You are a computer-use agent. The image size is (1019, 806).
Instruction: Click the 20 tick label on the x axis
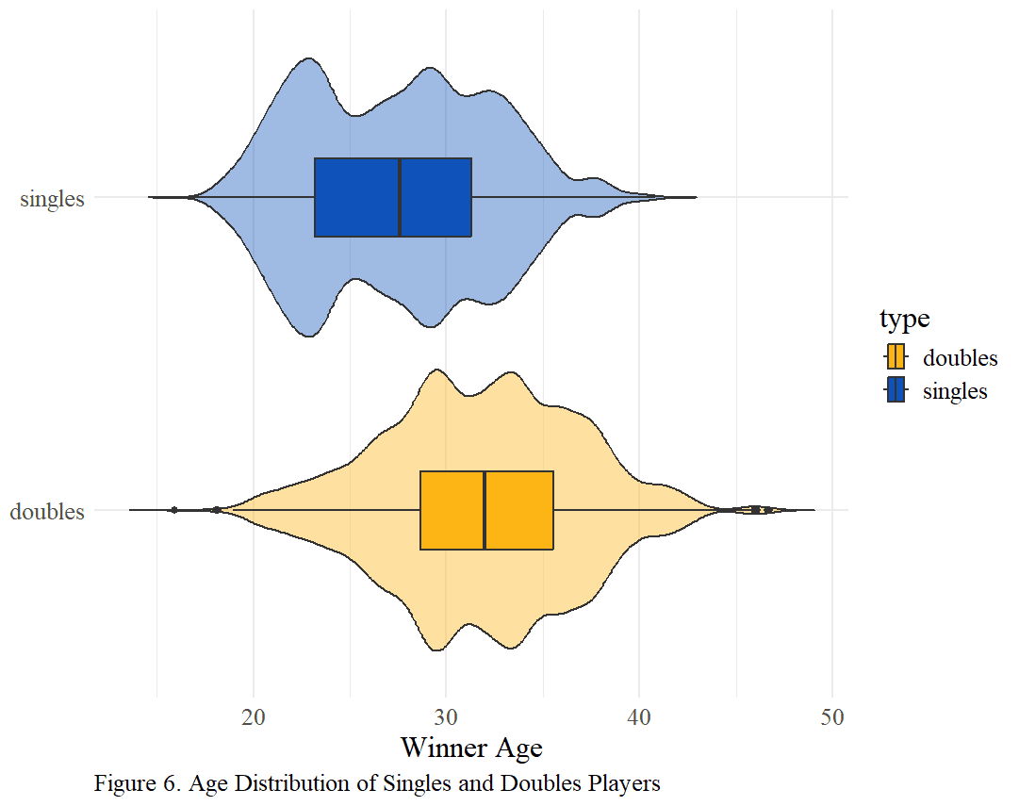point(253,717)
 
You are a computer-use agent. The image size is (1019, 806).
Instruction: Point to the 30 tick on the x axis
point(446,717)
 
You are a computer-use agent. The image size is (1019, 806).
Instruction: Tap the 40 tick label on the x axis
point(639,717)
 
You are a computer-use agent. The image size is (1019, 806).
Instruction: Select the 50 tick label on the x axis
point(831,717)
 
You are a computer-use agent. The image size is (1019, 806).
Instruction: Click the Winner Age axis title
point(471,748)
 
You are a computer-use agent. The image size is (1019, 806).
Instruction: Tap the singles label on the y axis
point(52,198)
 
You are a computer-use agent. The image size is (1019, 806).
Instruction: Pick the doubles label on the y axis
point(47,512)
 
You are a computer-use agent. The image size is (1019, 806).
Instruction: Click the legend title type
point(905,320)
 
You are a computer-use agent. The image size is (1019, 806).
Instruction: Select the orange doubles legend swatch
point(896,357)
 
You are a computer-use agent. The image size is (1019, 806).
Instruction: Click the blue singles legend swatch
point(896,390)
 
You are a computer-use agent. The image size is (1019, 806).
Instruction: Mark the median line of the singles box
point(399,197)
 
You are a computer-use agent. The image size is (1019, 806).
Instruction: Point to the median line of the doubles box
point(485,510)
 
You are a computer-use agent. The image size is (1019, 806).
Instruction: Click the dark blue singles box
point(392,197)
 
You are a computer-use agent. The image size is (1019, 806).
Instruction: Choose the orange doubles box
point(486,510)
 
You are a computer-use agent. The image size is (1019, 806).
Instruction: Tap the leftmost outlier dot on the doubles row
point(173,510)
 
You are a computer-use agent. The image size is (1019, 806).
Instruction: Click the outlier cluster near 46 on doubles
point(760,510)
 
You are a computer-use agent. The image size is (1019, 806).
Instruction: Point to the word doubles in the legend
point(960,358)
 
